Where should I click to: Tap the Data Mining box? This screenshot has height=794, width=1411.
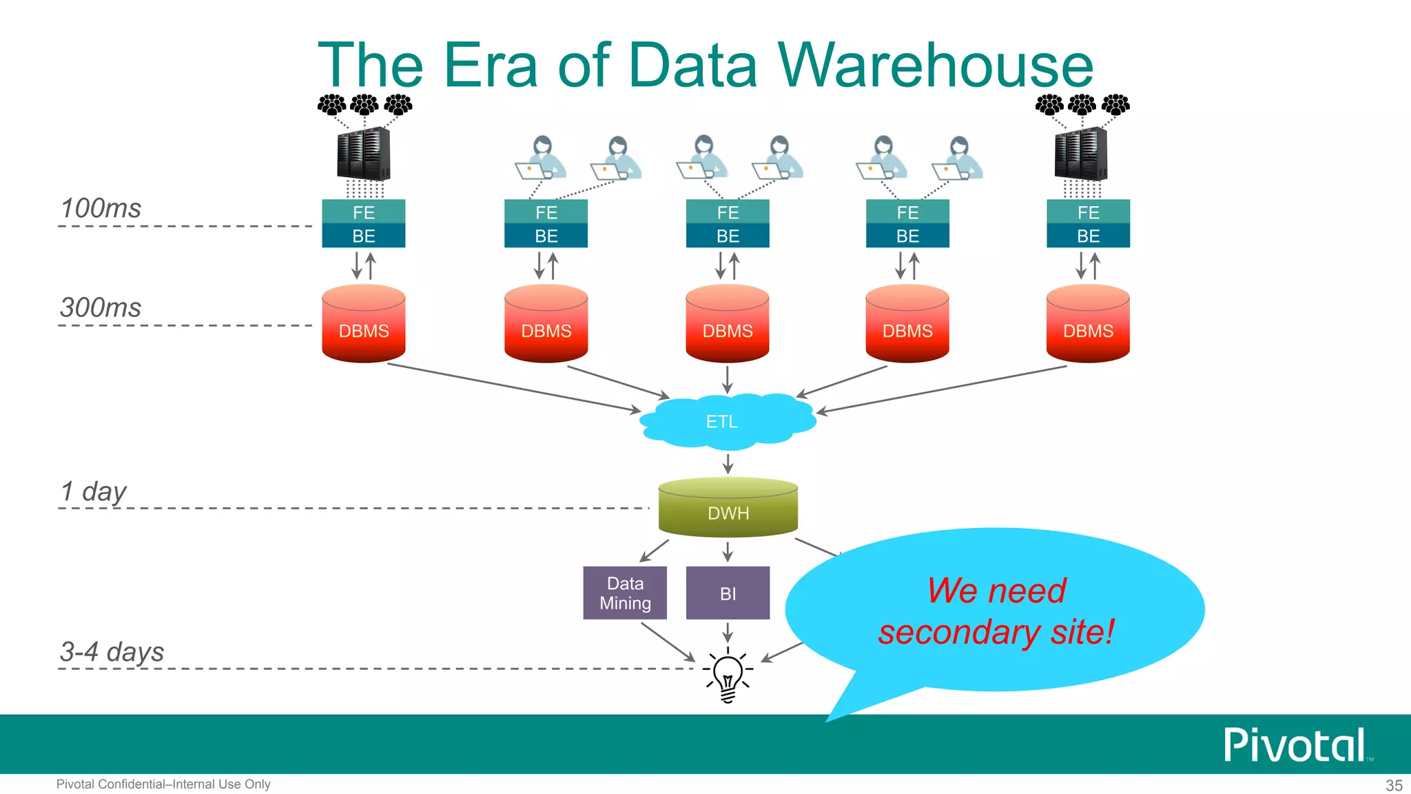click(x=625, y=593)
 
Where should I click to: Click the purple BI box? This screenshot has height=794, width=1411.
click(x=728, y=593)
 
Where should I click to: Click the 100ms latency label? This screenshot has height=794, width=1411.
click(x=101, y=208)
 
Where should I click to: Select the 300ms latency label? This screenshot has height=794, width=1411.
click(x=101, y=307)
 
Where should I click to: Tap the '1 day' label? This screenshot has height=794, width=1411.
click(x=94, y=491)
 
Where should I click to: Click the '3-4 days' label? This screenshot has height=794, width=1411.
click(x=112, y=651)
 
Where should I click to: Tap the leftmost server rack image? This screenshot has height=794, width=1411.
click(x=364, y=154)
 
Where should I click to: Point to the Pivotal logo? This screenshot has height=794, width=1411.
click(x=1295, y=745)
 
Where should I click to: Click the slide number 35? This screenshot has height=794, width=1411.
click(x=1394, y=785)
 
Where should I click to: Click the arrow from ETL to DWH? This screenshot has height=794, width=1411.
click(x=728, y=463)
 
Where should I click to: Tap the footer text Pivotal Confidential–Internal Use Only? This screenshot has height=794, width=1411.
click(x=163, y=784)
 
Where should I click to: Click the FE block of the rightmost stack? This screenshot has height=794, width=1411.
click(x=1088, y=212)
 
